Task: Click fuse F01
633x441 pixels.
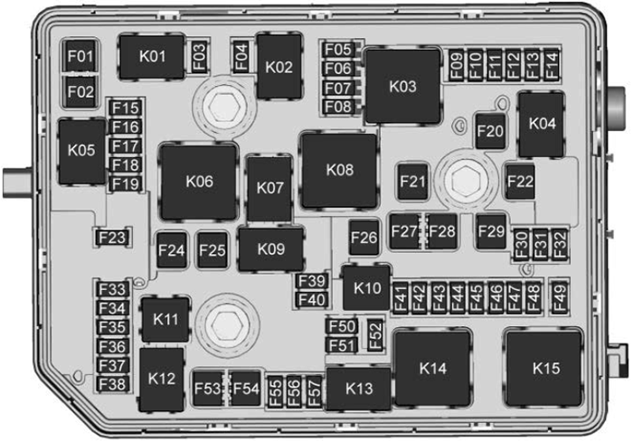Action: (80, 56)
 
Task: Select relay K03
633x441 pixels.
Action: (402, 87)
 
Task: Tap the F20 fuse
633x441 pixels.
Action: (490, 131)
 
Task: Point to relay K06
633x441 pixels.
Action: (199, 182)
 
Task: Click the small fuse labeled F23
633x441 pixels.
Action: (113, 238)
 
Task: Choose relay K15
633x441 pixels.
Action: (545, 369)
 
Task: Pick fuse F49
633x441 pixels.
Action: (560, 298)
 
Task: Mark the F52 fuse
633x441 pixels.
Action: (375, 334)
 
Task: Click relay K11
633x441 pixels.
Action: (165, 320)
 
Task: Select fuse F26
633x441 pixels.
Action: (364, 238)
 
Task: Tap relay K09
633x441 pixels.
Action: (271, 249)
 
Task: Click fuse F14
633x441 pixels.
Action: (552, 64)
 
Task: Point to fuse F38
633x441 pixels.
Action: (113, 384)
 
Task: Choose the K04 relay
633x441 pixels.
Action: (542, 125)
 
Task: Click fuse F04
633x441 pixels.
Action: (241, 57)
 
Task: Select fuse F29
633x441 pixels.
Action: (491, 231)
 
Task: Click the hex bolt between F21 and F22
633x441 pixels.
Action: (466, 181)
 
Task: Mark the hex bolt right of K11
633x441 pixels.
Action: (226, 324)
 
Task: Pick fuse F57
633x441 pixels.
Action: (314, 391)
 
